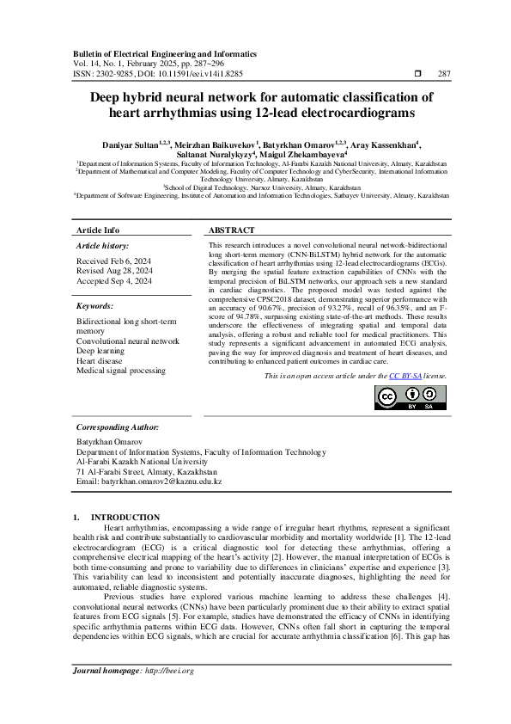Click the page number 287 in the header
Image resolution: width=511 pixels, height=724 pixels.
pyautogui.click(x=444, y=74)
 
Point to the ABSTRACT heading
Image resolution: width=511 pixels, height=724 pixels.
pyautogui.click(x=232, y=231)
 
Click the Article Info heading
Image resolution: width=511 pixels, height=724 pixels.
pyautogui.click(x=99, y=231)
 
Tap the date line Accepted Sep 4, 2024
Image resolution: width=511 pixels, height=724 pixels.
pyautogui.click(x=114, y=280)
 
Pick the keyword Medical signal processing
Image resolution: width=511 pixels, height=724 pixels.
pyautogui.click(x=121, y=371)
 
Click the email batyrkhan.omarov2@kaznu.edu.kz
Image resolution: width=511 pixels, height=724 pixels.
pyautogui.click(x=149, y=482)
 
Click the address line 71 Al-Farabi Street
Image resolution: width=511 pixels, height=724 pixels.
pyautogui.click(x=146, y=472)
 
